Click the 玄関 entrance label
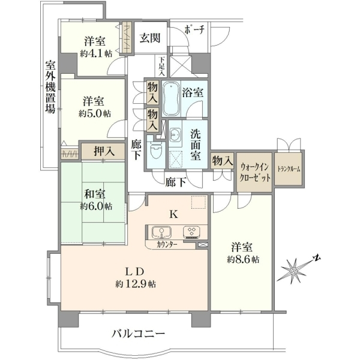point(150,38)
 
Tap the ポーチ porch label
point(194,29)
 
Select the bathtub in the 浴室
point(171,99)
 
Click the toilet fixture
point(156,151)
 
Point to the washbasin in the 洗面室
point(175,134)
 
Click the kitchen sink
point(161,232)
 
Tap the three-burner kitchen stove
point(191,232)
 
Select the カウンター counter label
point(167,245)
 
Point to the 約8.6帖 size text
point(243,260)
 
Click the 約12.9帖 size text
point(136,284)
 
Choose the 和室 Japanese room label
point(95,194)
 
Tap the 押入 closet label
point(104,151)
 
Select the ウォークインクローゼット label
point(254,172)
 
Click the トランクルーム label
point(289,169)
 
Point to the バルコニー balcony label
point(138,334)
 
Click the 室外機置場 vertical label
point(50,87)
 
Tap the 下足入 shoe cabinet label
point(162,67)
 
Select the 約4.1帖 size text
point(96,54)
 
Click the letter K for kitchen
point(174,214)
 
